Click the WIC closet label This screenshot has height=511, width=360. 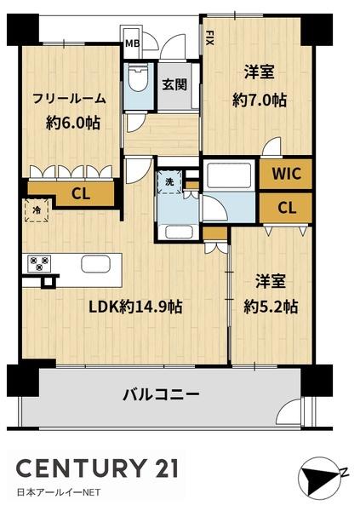286,174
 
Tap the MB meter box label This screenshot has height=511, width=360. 132,43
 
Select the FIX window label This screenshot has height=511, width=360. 210,37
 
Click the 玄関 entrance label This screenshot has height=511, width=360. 174,84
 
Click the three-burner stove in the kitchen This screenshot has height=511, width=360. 40,263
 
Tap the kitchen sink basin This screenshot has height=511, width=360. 96,264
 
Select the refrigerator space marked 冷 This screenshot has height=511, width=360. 37,210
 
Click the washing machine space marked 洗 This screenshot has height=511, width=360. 169,181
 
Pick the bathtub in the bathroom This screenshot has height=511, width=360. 231,175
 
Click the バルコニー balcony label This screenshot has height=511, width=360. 161,394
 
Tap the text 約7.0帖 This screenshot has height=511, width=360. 260,100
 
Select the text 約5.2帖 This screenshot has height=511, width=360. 271,307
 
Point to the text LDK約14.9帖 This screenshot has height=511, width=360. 136,307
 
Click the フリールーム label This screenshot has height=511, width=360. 69,98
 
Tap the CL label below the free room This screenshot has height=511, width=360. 81,194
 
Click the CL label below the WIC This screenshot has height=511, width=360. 287,208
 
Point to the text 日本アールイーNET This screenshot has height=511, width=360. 59,492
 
